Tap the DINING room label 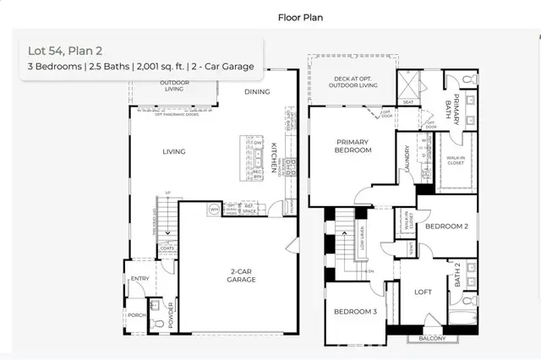(257, 91)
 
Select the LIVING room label (174, 152)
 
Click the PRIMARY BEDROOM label (353, 146)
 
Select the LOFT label (423, 292)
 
